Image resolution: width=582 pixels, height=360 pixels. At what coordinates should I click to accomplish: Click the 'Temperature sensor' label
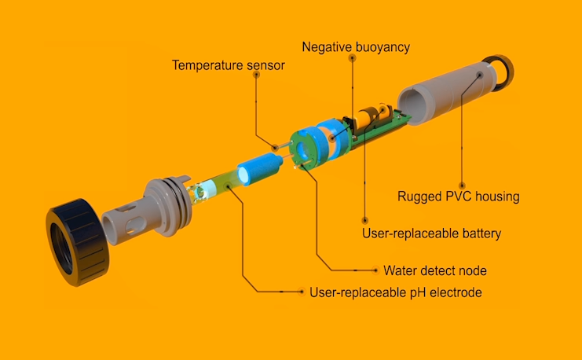coord(229,65)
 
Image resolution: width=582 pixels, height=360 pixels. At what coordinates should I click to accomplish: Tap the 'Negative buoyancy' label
coord(356,47)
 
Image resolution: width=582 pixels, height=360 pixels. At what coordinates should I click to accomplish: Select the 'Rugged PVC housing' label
coord(459,197)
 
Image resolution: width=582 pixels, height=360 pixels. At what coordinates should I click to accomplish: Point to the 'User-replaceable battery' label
coord(432,233)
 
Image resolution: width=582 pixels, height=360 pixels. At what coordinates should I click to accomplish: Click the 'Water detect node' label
coord(435,270)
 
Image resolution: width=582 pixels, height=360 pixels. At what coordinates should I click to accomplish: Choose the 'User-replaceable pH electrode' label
coord(396,292)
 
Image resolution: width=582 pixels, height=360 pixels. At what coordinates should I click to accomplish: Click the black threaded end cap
coord(78,242)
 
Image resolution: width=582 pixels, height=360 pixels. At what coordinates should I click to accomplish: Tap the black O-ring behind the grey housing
coord(500,72)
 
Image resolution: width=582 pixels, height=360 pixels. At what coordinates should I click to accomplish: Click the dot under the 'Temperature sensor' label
coord(256,75)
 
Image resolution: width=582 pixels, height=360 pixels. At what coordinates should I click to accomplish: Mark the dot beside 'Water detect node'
coord(375,270)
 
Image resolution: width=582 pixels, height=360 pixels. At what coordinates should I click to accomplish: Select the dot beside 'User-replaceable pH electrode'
coord(302,292)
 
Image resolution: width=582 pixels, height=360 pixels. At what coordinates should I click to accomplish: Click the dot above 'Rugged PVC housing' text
coord(462,186)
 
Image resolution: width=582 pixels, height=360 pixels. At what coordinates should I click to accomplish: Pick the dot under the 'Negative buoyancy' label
coord(352,57)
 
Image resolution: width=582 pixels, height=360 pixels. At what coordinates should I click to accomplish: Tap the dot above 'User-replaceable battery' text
coord(365,221)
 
